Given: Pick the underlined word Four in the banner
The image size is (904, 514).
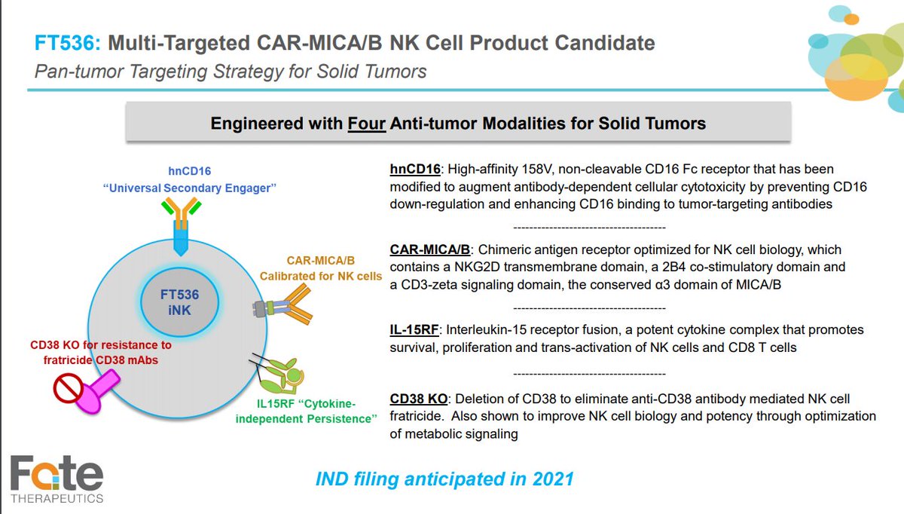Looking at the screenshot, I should [366, 123].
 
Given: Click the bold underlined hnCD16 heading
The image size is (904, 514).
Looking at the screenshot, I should [415, 169].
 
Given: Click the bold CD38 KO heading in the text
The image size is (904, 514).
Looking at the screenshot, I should [420, 398].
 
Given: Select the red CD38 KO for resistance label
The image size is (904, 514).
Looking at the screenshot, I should [101, 351].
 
